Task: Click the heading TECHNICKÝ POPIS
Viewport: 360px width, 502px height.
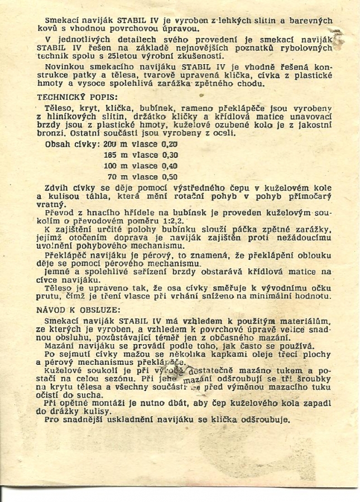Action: tap(73, 96)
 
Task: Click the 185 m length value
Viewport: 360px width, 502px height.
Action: tap(114, 155)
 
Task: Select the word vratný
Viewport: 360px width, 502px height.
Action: tap(50, 205)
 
